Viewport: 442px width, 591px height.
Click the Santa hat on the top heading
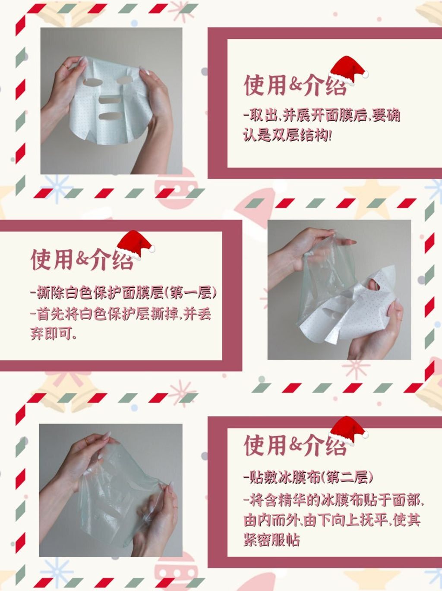[348, 70]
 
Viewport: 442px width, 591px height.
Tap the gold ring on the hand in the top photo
[65, 66]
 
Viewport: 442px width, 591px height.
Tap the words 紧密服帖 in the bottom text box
[272, 540]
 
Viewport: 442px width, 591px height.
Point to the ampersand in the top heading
[296, 85]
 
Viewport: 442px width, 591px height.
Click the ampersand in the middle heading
[82, 259]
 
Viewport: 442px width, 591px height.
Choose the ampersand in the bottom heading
[296, 445]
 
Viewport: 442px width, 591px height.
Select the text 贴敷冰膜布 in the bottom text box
[285, 477]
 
